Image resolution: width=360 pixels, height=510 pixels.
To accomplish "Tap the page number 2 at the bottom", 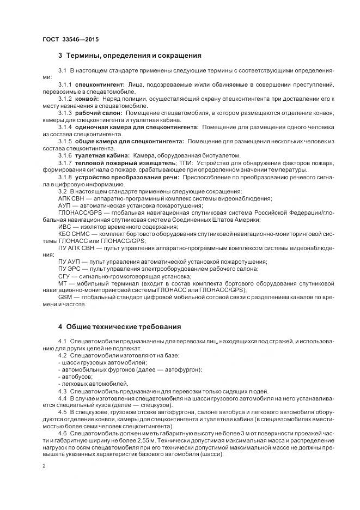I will click(x=44, y=466).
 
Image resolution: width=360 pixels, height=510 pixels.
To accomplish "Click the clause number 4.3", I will click(x=63, y=391).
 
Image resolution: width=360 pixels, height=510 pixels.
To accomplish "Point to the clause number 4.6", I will click(x=63, y=433).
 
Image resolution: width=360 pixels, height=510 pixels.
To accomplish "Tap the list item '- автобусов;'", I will click(x=75, y=377).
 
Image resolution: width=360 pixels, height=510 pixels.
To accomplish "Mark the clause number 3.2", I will click(x=63, y=191).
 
